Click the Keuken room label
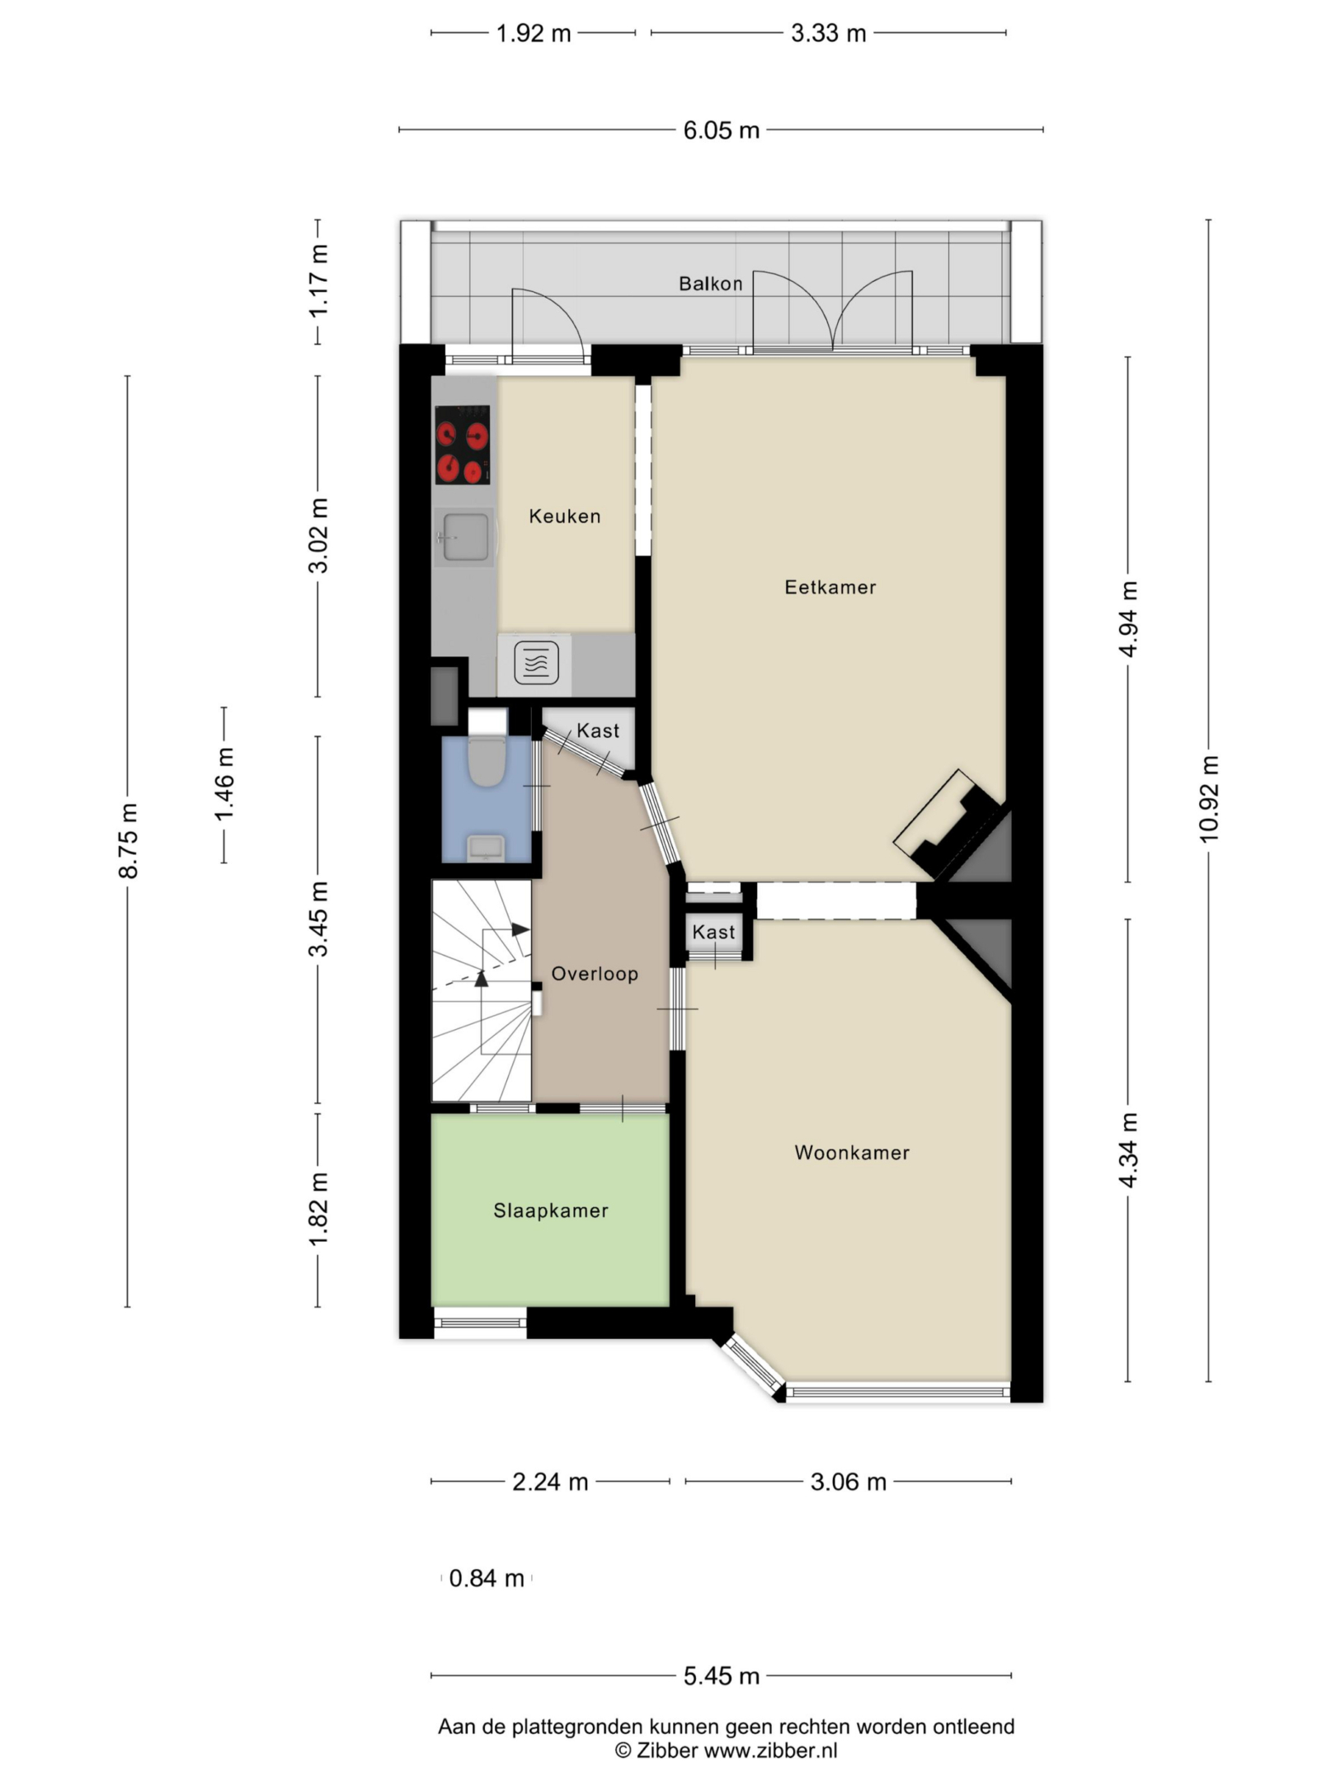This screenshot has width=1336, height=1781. coord(565,516)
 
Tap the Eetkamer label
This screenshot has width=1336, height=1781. coord(830,587)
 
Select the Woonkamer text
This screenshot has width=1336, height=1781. coord(852,1153)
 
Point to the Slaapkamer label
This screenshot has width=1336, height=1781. coord(551,1210)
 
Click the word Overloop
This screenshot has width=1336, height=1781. coord(595,974)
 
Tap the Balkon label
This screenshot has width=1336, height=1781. coord(711,284)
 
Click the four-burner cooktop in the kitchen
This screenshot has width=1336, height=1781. coord(463,445)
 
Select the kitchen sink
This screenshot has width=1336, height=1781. coord(463,537)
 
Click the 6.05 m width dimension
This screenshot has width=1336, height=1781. coord(721,130)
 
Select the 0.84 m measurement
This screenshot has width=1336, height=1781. coord(487,1578)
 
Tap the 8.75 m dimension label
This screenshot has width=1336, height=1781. coord(129,840)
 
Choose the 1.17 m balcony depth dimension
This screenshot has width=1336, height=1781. coord(318,280)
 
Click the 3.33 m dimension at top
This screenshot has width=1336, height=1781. coord(828,33)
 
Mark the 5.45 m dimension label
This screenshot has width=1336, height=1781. coord(721,1676)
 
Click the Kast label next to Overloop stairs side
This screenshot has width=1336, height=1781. coord(713,932)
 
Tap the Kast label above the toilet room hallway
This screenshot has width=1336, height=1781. coord(598,731)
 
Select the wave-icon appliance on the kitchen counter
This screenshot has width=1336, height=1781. coord(536,664)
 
